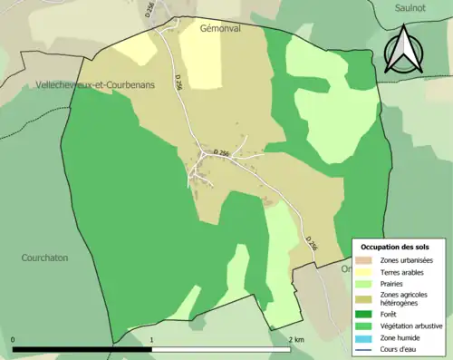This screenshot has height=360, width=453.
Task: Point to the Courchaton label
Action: click(44, 258)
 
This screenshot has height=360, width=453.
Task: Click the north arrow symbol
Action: click(404, 49)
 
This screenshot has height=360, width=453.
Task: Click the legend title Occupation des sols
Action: click(397, 248)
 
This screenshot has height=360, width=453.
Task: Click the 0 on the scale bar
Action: click(14, 340)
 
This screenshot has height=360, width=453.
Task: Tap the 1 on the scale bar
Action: click(151, 340)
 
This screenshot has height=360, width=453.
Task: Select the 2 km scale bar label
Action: click(296, 340)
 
